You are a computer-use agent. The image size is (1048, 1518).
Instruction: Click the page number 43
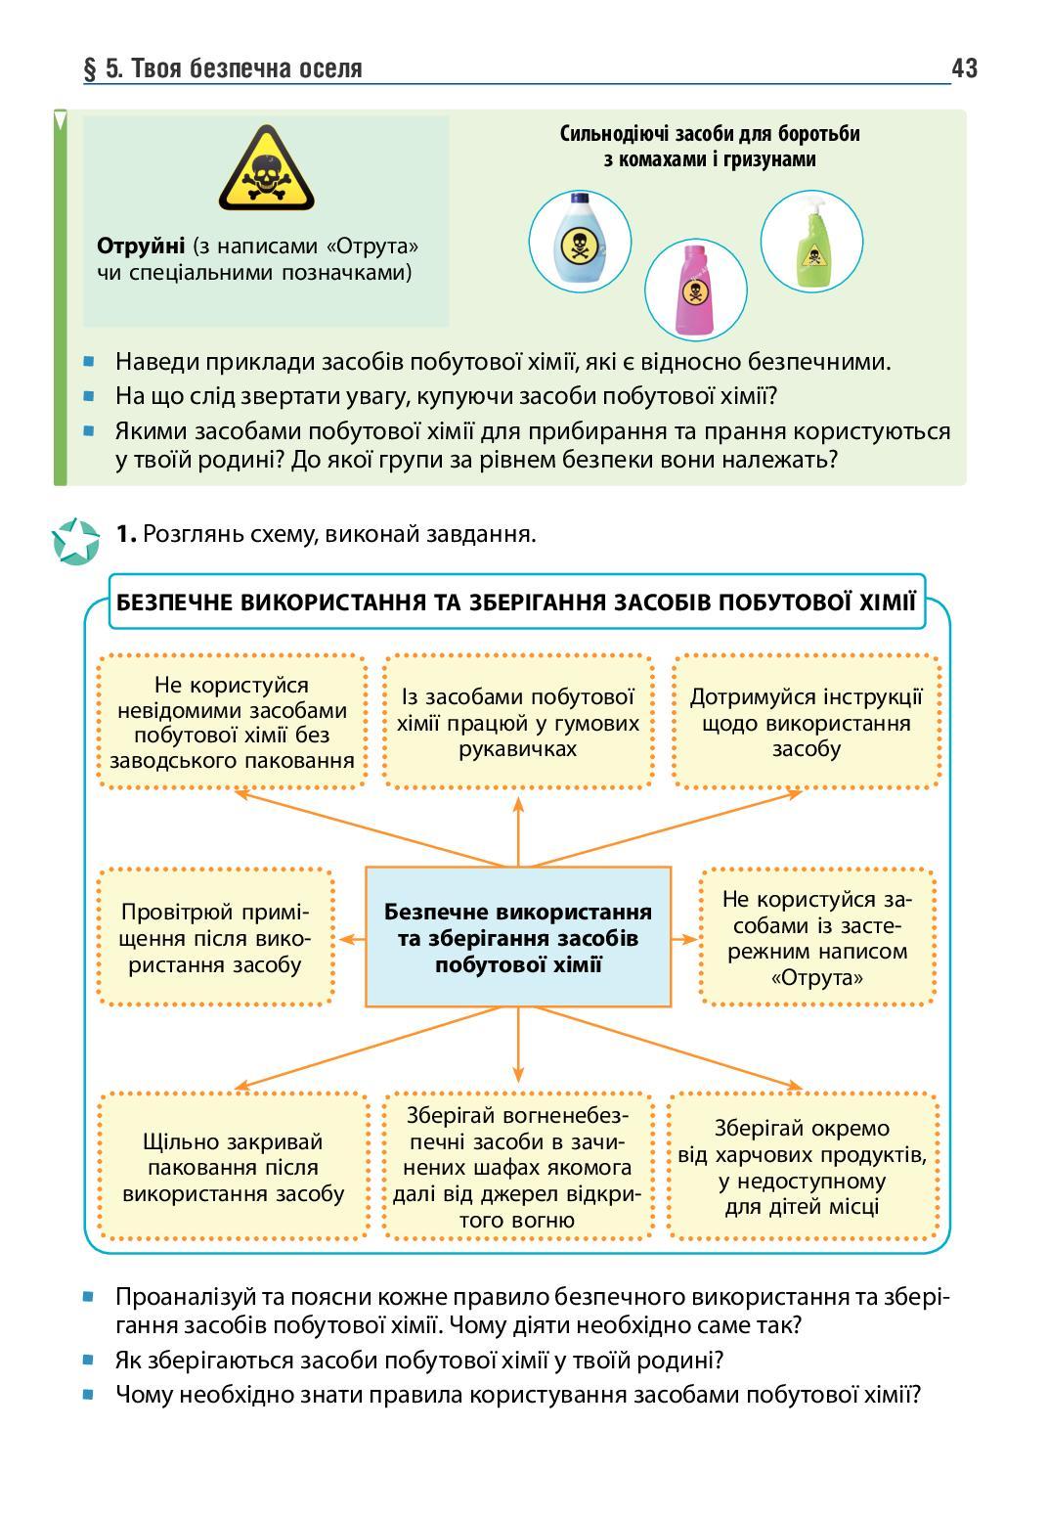point(963,67)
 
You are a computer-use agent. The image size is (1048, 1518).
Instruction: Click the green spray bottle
point(811,240)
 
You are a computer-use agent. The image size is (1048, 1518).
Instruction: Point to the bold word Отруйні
point(141,245)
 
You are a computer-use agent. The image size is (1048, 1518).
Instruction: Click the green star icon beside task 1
point(75,540)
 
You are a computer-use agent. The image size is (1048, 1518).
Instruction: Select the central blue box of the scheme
point(518,937)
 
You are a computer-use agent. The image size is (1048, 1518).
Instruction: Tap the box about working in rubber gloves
point(518,723)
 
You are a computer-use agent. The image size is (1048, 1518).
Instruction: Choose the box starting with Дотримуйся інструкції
point(807,723)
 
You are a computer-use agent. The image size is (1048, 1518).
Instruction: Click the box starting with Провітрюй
point(216,937)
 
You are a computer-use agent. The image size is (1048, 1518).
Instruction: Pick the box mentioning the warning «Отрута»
point(817,937)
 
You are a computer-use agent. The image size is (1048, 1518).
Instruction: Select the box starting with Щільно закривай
point(233,1167)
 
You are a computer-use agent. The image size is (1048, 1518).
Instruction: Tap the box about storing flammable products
point(518,1167)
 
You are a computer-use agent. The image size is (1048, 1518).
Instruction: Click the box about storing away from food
point(803,1167)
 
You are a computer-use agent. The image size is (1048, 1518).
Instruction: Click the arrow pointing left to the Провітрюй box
point(351,939)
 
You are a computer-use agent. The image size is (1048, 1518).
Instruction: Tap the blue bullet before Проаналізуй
point(89,1297)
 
